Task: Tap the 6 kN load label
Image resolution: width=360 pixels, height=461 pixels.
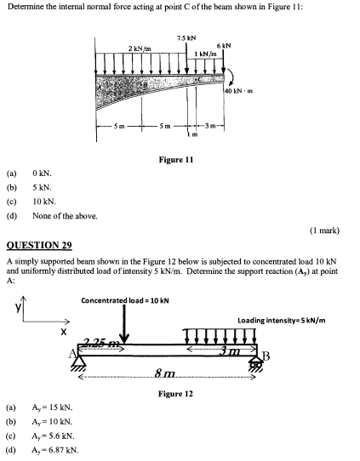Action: (224, 45)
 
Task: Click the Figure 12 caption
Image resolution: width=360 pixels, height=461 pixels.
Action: (176, 394)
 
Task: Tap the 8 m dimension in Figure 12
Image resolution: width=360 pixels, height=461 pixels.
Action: (166, 375)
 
